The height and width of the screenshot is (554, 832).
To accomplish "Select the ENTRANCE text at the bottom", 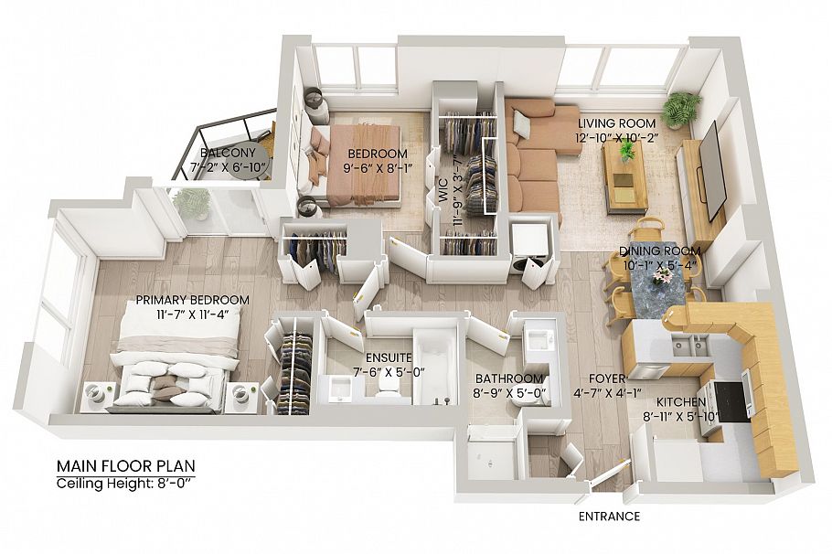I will click(x=609, y=517).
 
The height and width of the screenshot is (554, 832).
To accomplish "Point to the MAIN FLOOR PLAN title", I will click(x=125, y=464).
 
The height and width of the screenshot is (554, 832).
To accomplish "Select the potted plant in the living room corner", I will click(x=680, y=107).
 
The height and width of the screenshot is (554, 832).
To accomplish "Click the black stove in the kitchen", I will click(x=728, y=400).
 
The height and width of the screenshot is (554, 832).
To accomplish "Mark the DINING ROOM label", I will click(x=659, y=251).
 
